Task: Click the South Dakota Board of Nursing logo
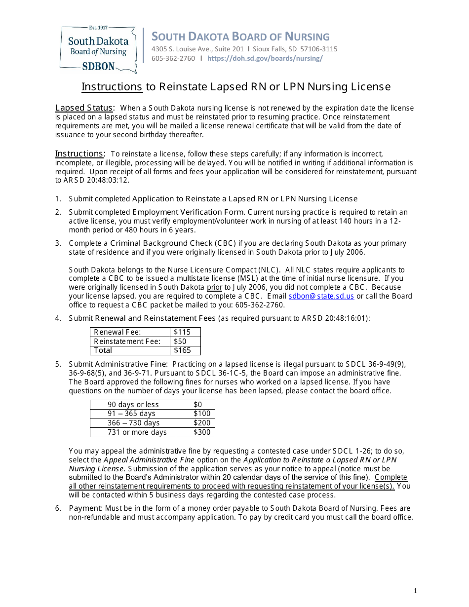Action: pos(98,50)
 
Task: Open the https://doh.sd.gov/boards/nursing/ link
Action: pos(265,58)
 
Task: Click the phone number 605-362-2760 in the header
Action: pos(173,58)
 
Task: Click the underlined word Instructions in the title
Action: pos(112,87)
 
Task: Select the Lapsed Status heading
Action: pos(84,108)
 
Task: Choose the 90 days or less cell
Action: pos(133,405)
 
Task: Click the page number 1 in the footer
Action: pos(415,591)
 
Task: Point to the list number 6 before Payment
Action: pos(58,508)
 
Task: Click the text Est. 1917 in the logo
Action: pos(98,28)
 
